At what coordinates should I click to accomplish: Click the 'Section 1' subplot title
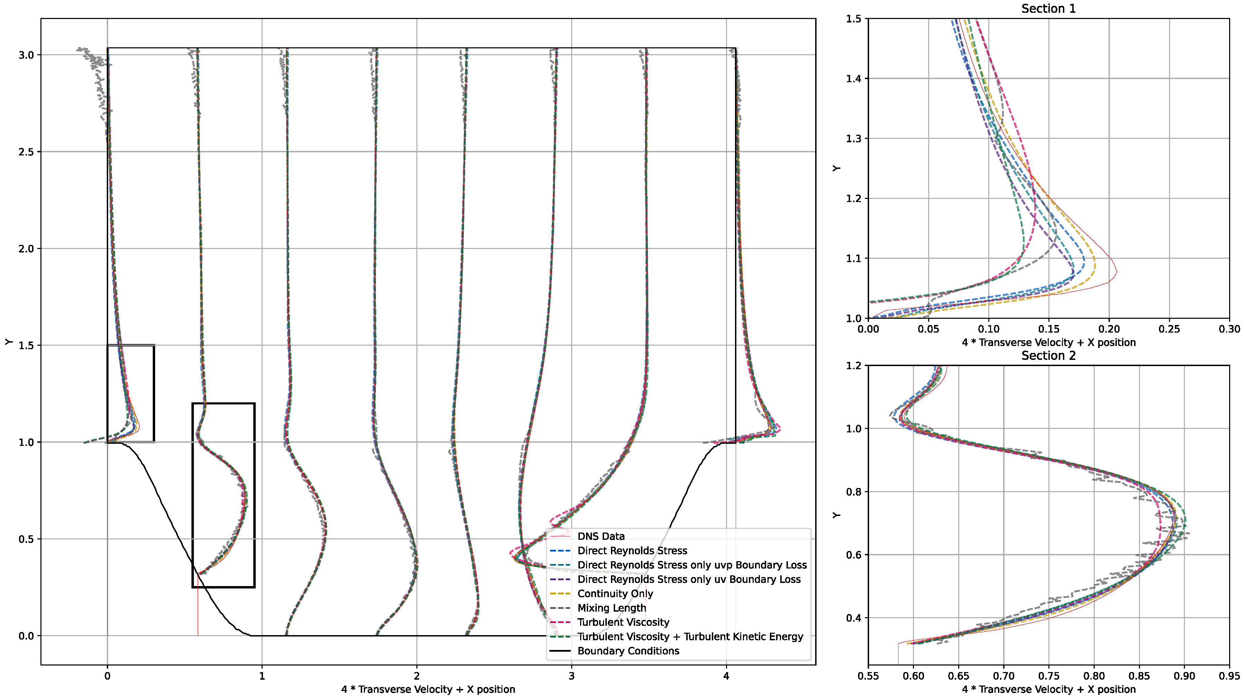pyautogui.click(x=1048, y=9)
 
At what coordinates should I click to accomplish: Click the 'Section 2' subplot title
pyautogui.click(x=1048, y=356)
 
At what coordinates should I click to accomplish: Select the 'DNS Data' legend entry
pyautogui.click(x=601, y=536)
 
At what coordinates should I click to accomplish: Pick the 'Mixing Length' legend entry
pyautogui.click(x=611, y=608)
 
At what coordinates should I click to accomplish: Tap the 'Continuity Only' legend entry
pyautogui.click(x=615, y=594)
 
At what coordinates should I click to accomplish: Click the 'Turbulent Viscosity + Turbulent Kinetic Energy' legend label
pyautogui.click(x=690, y=637)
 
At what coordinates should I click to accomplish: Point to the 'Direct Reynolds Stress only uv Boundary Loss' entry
pyautogui.click(x=689, y=579)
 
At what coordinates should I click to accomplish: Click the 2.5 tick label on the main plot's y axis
pyautogui.click(x=26, y=152)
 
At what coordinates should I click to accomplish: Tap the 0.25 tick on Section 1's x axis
pyautogui.click(x=1169, y=329)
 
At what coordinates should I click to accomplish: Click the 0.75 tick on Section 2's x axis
pyautogui.click(x=1049, y=676)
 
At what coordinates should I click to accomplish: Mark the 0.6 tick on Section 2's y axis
pyautogui.click(x=854, y=555)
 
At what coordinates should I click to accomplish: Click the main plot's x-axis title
pyautogui.click(x=428, y=689)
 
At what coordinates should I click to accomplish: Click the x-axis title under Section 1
pyautogui.click(x=1048, y=343)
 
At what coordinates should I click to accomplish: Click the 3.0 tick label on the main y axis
pyautogui.click(x=26, y=55)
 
